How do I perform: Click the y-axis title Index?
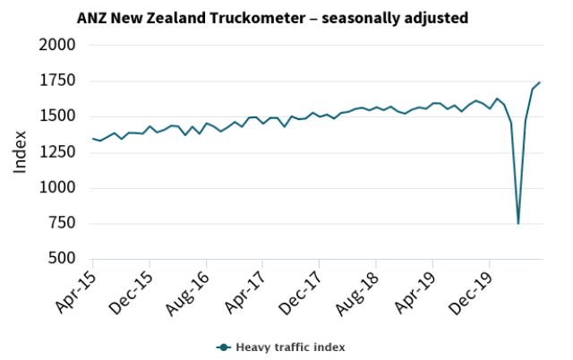point(20,152)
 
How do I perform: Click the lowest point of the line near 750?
point(518,223)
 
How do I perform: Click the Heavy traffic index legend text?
point(290,347)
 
